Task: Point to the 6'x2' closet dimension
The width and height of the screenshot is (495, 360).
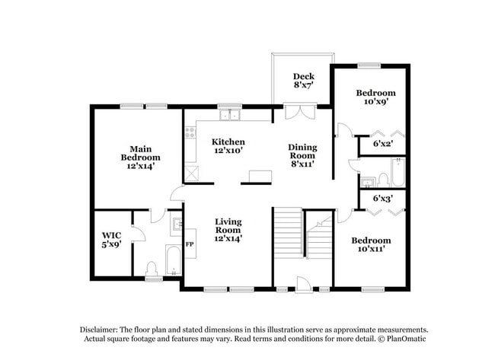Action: pyautogui.click(x=382, y=143)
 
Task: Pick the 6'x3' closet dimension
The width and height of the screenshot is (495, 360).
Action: pyautogui.click(x=382, y=199)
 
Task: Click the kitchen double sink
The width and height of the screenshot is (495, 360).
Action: pyautogui.click(x=229, y=116)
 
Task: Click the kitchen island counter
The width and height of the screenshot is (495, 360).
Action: pyautogui.click(x=257, y=177)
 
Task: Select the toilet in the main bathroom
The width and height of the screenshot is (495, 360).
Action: pyautogui.click(x=152, y=268)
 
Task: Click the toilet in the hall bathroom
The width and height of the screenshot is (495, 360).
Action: pyautogui.click(x=384, y=180)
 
